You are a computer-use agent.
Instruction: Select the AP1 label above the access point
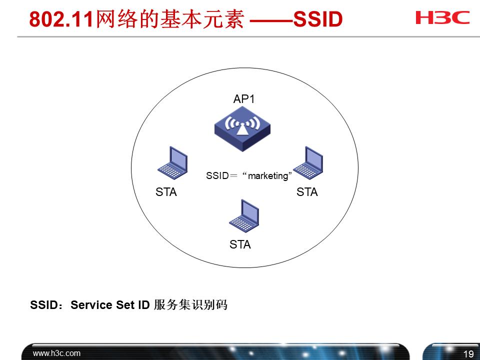(244, 99)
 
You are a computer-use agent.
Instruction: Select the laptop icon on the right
(308, 163)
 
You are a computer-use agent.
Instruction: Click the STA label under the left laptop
(166, 192)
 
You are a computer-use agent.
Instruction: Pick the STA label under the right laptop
(307, 192)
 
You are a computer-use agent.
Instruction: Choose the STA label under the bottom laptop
(240, 245)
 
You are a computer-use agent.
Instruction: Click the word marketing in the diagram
(268, 176)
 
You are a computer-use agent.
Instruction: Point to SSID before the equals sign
(216, 176)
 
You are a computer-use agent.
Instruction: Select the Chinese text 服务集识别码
(190, 305)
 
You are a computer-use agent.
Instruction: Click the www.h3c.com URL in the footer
(56, 353)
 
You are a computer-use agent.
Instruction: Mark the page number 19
(468, 354)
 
